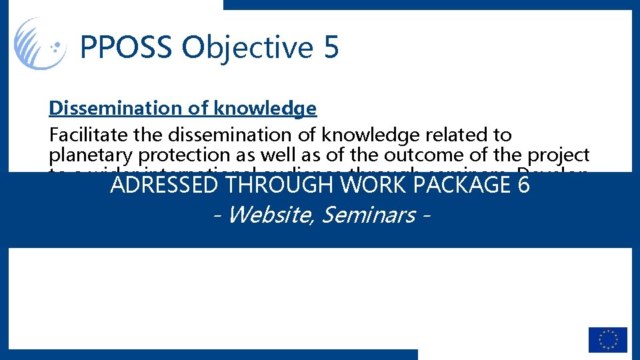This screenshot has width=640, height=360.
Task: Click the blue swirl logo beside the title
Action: [40, 43]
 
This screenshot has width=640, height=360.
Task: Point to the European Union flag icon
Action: [607, 339]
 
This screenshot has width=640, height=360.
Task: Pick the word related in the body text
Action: [454, 135]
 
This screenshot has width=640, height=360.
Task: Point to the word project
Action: [557, 155]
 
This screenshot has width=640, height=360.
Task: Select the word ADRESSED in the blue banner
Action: [164, 185]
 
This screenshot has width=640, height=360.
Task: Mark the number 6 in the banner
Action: [523, 185]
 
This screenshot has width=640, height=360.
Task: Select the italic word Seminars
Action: [367, 215]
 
